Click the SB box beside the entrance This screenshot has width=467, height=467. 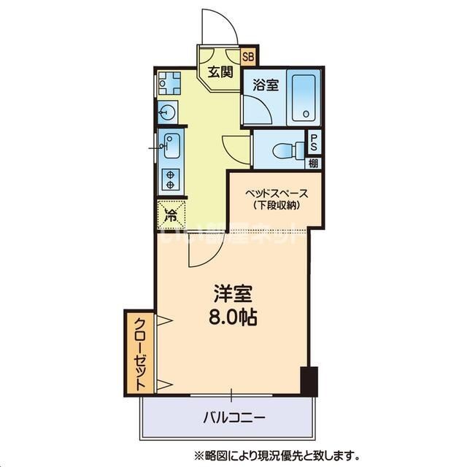[x=248, y=55]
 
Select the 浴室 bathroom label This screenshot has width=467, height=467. [x=265, y=85]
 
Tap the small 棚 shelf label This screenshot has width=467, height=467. [x=314, y=163]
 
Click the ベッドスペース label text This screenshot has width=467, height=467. [x=276, y=193]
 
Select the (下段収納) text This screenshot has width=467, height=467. [x=276, y=207]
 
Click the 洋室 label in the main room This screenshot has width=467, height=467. [x=233, y=296]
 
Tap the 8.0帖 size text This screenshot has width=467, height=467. [x=233, y=318]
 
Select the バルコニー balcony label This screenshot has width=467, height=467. [x=233, y=418]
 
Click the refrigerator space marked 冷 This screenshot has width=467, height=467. [x=171, y=215]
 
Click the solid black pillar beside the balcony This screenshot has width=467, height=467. [x=311, y=380]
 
